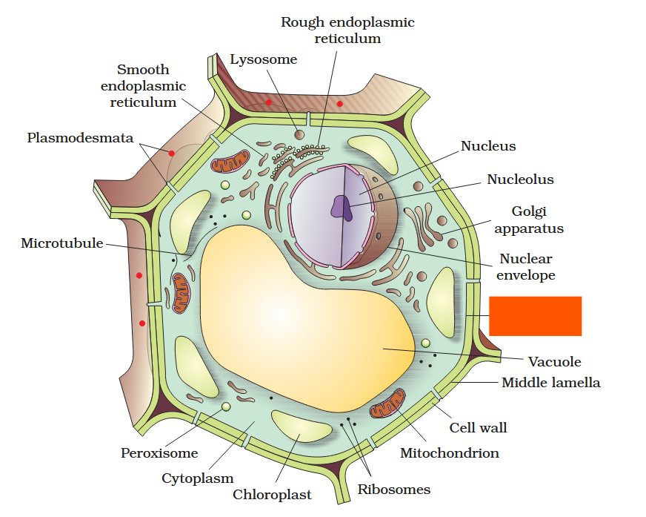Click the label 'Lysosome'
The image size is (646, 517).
(x=263, y=59)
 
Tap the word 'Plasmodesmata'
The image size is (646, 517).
(x=80, y=138)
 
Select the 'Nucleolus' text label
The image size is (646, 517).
(x=519, y=180)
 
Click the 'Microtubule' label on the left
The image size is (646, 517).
(x=62, y=243)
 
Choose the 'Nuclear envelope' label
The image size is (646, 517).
(x=525, y=267)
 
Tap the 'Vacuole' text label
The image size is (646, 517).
(x=554, y=362)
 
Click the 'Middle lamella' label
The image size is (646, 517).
(x=550, y=383)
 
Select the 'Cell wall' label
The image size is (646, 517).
(x=478, y=428)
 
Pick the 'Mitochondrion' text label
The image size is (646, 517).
(x=449, y=452)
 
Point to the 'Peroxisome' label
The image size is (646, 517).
(x=159, y=452)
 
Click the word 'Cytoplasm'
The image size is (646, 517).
(x=198, y=478)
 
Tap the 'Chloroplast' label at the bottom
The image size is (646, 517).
(x=272, y=494)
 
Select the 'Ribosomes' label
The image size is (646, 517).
(x=393, y=489)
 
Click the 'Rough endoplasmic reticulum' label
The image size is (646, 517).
(x=347, y=30)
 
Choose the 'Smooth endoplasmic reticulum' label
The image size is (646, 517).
(x=143, y=86)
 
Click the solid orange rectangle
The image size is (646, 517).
(x=535, y=316)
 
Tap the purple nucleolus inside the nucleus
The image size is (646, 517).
(x=342, y=207)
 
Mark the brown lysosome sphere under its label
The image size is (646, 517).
(x=299, y=134)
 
